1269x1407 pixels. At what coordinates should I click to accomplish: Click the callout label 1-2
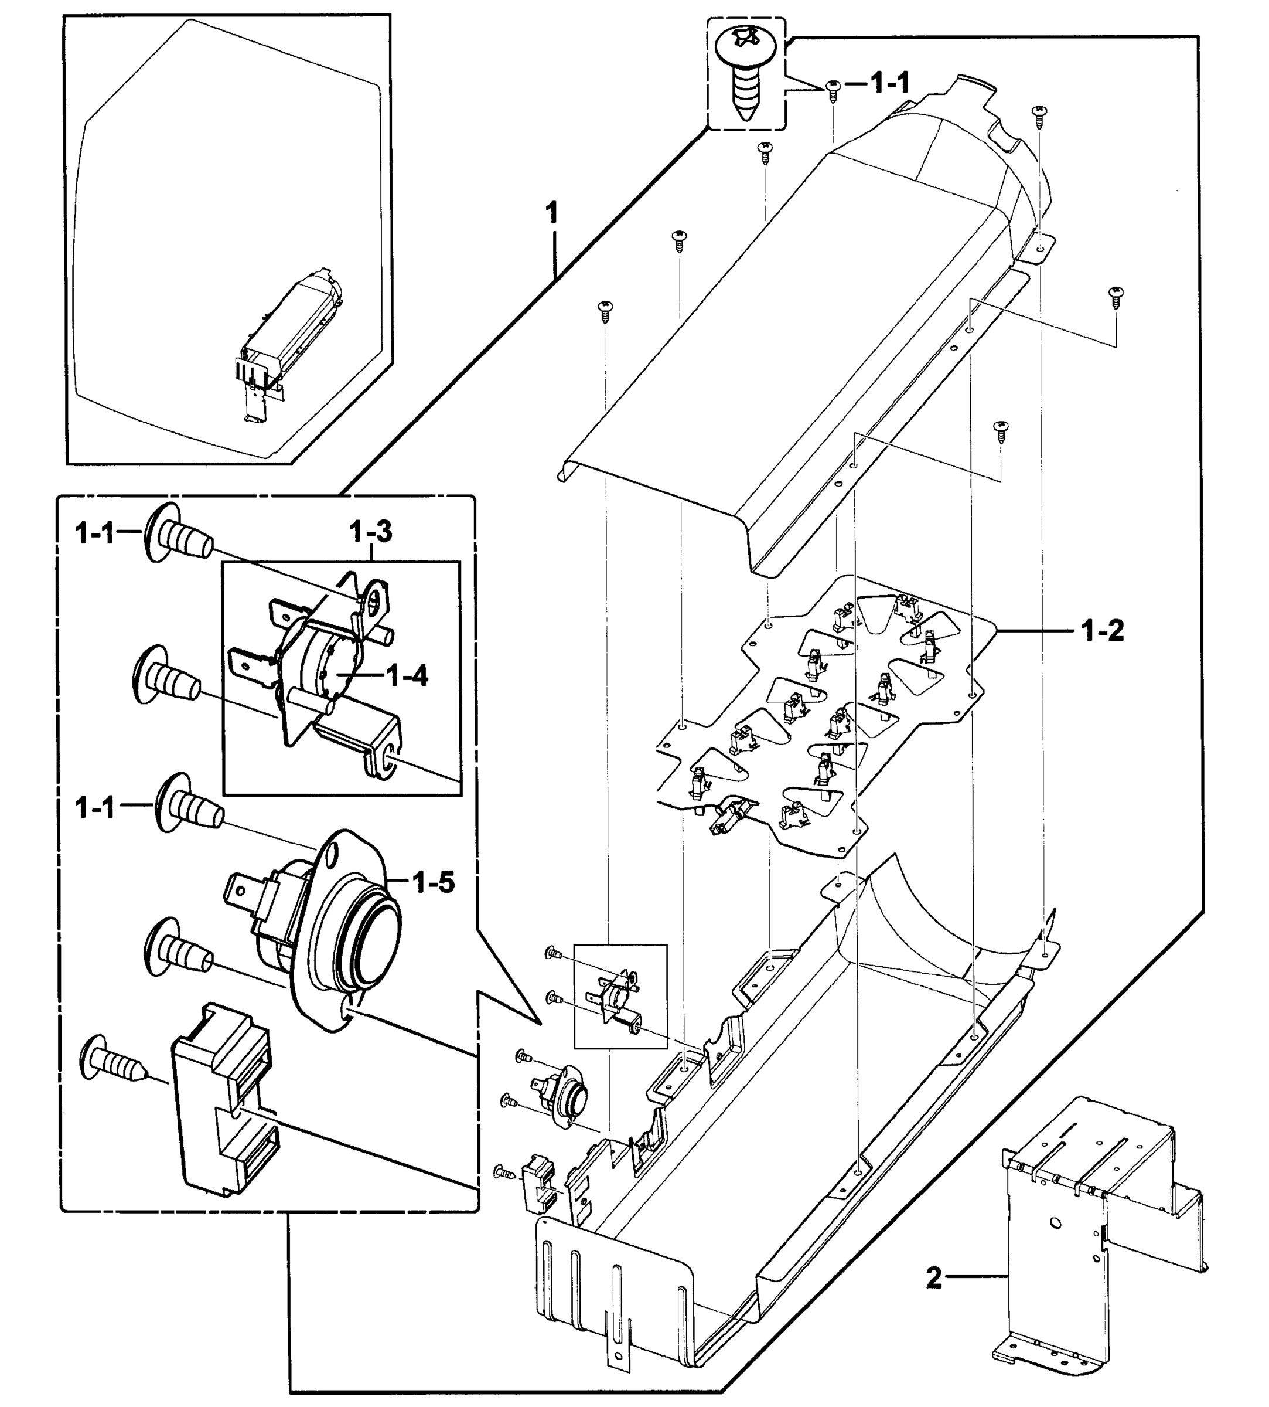coord(1103,631)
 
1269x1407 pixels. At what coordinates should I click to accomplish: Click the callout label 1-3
coord(370,532)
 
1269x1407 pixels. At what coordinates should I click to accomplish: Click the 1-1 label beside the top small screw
coord(890,84)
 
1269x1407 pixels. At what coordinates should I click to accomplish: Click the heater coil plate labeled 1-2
coord(823,712)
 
